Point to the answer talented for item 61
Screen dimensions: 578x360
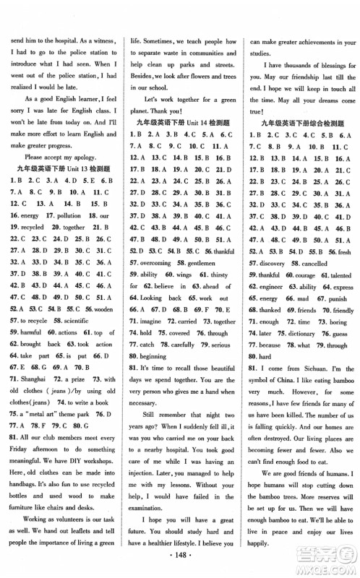(x=334, y=275)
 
